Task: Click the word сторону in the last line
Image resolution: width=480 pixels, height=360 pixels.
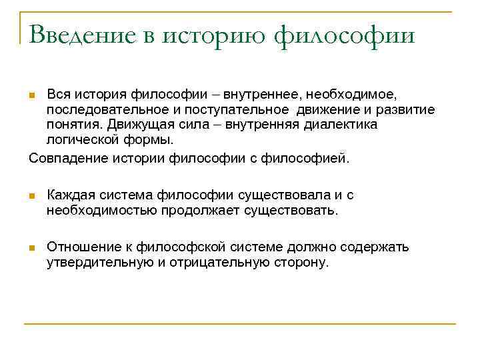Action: coord(301,263)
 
